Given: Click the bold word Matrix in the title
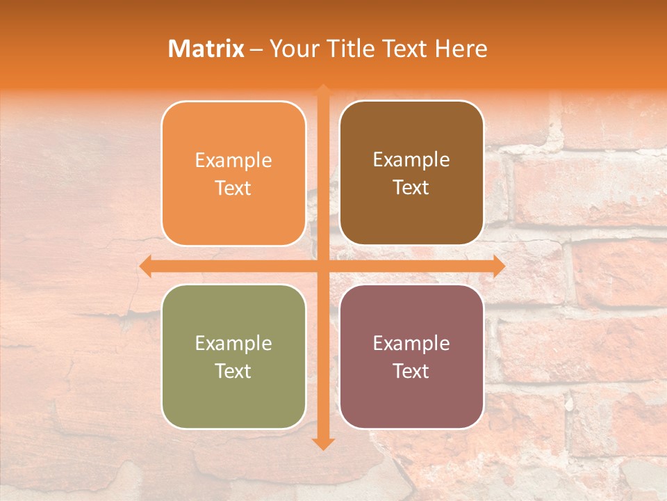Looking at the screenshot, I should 206,49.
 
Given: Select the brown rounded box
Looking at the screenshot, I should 411,216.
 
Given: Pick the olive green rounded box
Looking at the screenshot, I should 233,400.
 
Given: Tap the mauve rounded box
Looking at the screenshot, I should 411,400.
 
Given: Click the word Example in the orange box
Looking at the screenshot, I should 233,161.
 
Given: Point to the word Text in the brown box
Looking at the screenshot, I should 411,188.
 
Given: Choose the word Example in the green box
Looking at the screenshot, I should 233,344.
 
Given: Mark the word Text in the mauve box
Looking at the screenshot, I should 411,372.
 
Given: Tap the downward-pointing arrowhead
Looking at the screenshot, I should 323,443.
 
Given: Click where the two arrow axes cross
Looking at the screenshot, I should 323,266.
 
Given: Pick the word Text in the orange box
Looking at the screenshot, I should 233,189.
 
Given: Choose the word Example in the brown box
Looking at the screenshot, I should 411,160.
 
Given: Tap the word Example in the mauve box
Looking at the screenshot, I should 411,344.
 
